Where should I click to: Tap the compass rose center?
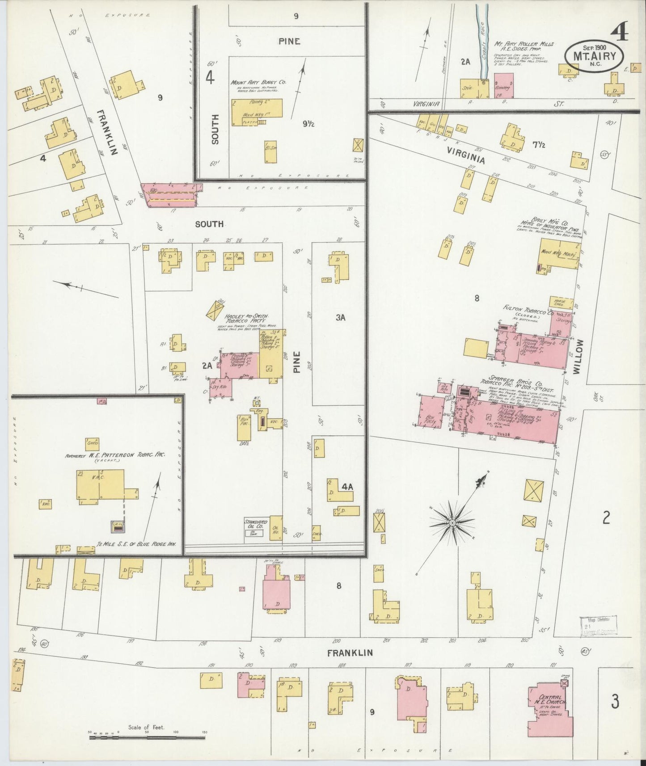[x=452, y=522]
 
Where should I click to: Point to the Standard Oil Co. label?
[x=256, y=524]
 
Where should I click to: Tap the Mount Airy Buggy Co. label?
[x=258, y=83]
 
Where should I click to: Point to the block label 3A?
[x=341, y=318]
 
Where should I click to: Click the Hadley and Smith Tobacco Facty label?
[x=247, y=318]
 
